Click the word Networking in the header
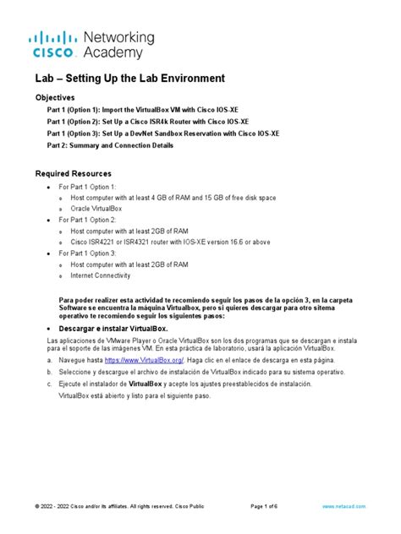point(119,38)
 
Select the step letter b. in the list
point(50,372)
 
